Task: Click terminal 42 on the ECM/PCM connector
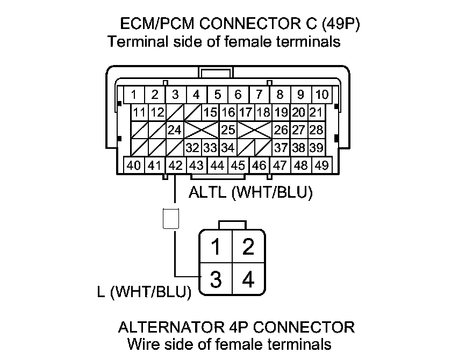[175, 165]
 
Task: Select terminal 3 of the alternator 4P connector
[216, 280]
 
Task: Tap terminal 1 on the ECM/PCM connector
[134, 95]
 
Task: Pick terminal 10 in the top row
[321, 95]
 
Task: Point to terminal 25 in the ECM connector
[228, 130]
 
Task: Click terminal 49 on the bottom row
[321, 165]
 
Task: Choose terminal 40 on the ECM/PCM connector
[134, 165]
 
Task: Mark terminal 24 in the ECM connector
[174, 130]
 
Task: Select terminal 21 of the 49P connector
[316, 113]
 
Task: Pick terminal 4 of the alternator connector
[248, 280]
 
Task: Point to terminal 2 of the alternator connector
[248, 248]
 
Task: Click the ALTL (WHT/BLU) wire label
[251, 193]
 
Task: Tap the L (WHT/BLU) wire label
[145, 292]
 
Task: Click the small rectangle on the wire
[170, 219]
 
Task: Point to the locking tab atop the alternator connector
[232, 225]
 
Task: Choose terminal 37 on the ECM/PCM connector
[281, 148]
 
